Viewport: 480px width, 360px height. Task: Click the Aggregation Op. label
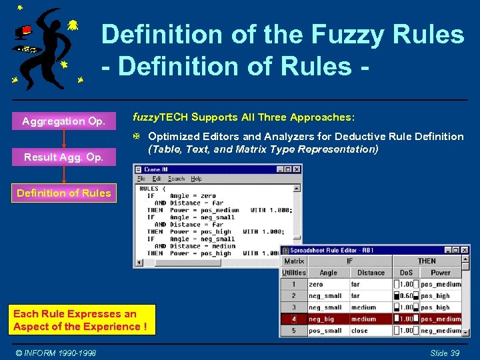[63, 121]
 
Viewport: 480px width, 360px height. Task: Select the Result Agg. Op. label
[63, 157]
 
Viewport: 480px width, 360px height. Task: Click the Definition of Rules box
[64, 193]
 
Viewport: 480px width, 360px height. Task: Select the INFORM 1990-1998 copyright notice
[57, 353]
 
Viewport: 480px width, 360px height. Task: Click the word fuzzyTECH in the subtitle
[161, 117]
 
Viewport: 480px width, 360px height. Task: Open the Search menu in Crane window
[176, 179]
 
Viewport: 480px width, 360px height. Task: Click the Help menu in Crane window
[196, 179]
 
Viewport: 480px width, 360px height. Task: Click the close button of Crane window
[297, 169]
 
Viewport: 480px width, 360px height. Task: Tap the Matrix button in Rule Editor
[294, 261]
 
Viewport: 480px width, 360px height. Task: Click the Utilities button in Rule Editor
[294, 273]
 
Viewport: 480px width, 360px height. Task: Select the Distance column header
[371, 273]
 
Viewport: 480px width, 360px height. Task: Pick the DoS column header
[406, 273]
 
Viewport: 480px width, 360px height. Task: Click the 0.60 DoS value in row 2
[405, 296]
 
